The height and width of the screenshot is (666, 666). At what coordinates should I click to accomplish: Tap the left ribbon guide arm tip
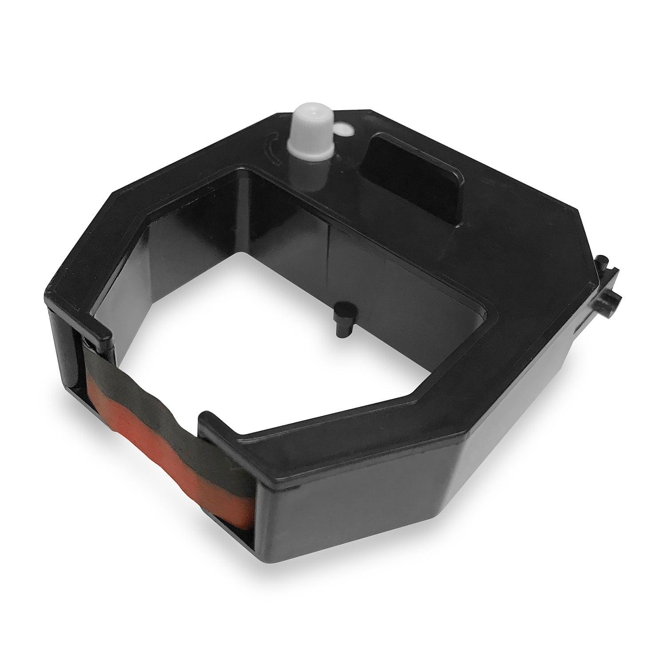(107, 329)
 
